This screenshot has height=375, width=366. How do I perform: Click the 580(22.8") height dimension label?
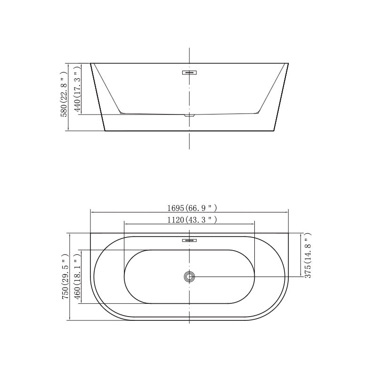tap(64, 94)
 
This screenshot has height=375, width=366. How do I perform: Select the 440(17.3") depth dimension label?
tap(77, 89)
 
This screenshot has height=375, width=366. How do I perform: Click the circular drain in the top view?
tap(189, 277)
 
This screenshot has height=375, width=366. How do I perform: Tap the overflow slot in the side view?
tap(189, 73)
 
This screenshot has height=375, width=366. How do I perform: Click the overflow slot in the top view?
tap(189, 240)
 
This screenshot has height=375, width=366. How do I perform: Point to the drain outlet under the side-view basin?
tap(189, 114)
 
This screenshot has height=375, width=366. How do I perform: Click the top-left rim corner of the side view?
tap(90, 63)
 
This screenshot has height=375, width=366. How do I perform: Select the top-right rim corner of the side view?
tap(288, 63)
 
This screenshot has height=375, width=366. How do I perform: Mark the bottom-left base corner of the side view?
tap(105, 130)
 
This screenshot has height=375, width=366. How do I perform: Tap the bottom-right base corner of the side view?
tap(274, 130)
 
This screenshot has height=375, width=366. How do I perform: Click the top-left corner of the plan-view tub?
tap(90, 233)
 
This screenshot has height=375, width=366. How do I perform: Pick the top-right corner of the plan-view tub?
tap(288, 233)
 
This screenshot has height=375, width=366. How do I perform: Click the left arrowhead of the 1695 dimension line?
tap(92, 212)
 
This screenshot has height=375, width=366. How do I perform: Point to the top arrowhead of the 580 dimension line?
tap(69, 65)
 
